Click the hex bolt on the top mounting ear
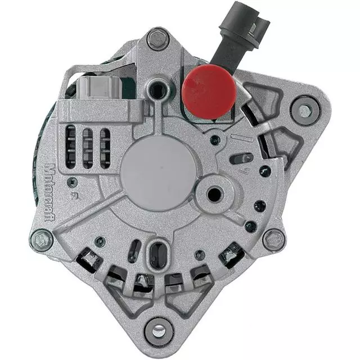pyautogui.click(x=158, y=39)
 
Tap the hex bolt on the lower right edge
pyautogui.click(x=274, y=239)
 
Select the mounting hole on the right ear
pyautogui.click(x=305, y=110)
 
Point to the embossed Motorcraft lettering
pyautogui.click(x=49, y=186)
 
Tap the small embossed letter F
pyautogui.click(x=73, y=196)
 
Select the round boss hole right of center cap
pyautogui.click(x=214, y=195)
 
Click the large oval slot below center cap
pyautogui.click(x=158, y=254)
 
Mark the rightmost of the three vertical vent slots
pyautogui.click(x=105, y=147)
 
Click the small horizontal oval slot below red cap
pyautogui.click(x=241, y=159)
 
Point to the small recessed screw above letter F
pyautogui.click(x=72, y=182)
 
